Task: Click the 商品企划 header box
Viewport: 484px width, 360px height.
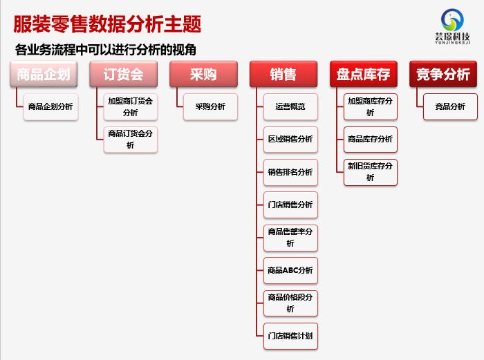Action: [x=44, y=74]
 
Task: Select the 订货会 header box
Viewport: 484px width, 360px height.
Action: [x=124, y=74]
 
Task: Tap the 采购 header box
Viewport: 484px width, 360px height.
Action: [x=203, y=74]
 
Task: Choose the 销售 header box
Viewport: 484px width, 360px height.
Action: [x=283, y=74]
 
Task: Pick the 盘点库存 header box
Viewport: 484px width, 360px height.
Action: [x=363, y=74]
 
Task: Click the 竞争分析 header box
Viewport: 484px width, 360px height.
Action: [x=443, y=74]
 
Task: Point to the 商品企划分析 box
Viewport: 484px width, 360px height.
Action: [x=50, y=106]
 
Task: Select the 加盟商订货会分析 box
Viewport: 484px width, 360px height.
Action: [x=131, y=106]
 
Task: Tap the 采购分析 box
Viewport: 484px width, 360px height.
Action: [x=210, y=106]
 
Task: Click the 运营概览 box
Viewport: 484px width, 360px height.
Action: [x=290, y=106]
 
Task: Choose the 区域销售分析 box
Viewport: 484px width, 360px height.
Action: [x=290, y=140]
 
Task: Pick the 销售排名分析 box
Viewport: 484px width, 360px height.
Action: [x=290, y=172]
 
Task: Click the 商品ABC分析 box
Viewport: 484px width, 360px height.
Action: [x=290, y=271]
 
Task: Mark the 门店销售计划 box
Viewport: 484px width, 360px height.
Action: [x=290, y=336]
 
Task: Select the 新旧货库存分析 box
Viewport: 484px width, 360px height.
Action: [x=371, y=172]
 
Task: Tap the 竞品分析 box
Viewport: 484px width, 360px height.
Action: [x=450, y=106]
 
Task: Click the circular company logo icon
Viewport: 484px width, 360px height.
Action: [x=452, y=20]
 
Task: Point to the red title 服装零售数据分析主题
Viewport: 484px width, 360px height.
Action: [x=107, y=24]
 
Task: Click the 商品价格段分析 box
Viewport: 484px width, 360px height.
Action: [x=290, y=303]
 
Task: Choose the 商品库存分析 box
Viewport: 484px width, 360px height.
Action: [x=371, y=140]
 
